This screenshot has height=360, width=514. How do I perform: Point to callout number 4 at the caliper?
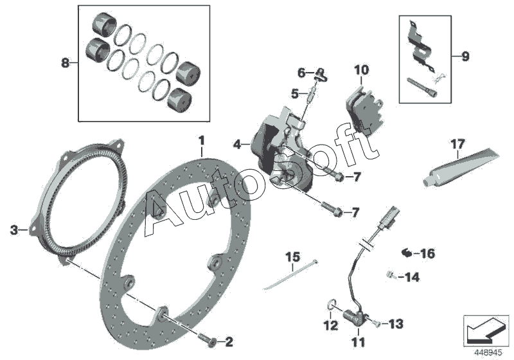point(237,145)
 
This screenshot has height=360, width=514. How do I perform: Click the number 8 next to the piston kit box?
point(64,63)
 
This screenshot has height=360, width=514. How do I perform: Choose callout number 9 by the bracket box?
point(465,56)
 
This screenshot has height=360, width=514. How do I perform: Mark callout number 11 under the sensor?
point(358,341)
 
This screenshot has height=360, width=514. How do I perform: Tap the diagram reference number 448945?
point(486,353)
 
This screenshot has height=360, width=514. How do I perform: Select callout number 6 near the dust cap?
point(301,71)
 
